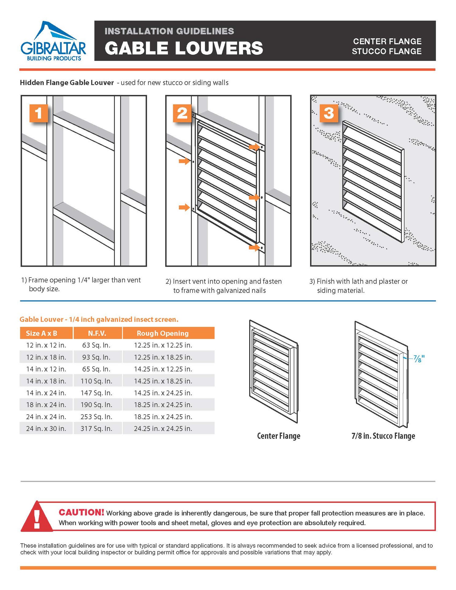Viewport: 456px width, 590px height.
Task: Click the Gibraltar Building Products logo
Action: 53,41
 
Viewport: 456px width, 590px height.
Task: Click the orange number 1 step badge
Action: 38,113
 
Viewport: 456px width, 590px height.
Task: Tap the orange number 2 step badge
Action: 182,113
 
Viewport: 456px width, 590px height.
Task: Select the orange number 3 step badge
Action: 329,113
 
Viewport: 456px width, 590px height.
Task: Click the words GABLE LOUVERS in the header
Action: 184,48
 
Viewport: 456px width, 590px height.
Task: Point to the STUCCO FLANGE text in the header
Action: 387,51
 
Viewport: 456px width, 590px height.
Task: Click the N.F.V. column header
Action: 97,333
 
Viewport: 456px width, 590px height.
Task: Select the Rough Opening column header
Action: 163,333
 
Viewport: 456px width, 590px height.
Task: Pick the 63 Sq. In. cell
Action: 96,345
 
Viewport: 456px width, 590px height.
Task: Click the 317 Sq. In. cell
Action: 96,428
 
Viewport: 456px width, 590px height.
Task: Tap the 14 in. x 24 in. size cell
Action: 46,393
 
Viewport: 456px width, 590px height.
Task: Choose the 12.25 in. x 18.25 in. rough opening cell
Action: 163,357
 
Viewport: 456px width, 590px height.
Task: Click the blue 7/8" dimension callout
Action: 419,358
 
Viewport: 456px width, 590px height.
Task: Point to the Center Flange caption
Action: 278,436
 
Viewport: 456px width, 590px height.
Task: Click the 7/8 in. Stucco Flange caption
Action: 383,436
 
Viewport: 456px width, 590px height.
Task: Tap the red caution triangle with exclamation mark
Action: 37,517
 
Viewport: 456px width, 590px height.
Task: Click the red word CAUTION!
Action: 81,512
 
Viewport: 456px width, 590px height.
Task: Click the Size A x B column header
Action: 41,333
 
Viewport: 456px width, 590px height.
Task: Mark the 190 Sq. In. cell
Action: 96,405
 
